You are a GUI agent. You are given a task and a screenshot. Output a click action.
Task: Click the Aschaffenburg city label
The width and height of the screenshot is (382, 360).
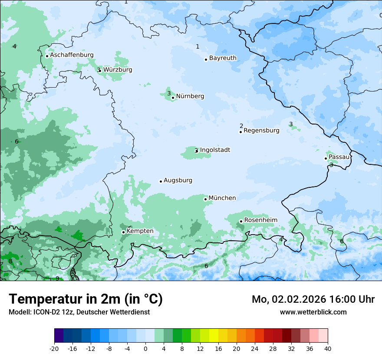(x=72, y=55)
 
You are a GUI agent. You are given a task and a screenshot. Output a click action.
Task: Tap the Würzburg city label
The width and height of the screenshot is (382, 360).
(x=118, y=70)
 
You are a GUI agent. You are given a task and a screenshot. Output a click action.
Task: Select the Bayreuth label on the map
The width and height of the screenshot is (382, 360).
(x=223, y=58)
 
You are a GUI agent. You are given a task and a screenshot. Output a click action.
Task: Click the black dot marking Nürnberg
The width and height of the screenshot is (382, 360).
(x=173, y=98)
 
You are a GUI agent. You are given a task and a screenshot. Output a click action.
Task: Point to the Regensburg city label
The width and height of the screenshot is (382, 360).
(x=261, y=131)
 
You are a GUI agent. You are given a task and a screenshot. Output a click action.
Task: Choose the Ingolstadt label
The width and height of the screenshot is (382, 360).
(x=215, y=150)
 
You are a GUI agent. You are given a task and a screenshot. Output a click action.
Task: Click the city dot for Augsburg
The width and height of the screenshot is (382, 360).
(x=161, y=181)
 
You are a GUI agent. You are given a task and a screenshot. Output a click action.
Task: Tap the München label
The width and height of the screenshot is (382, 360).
(x=222, y=198)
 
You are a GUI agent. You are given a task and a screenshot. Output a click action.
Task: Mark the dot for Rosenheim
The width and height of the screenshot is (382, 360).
(x=241, y=221)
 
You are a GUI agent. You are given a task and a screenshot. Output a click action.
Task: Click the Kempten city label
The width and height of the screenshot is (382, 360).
(x=140, y=231)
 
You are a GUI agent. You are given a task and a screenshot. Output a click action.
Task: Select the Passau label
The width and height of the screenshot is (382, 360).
(x=339, y=157)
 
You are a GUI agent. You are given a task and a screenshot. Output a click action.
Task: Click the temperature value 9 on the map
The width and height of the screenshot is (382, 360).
(x=57, y=278)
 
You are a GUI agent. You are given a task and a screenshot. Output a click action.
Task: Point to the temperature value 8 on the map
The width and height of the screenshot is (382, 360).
(x=10, y=261)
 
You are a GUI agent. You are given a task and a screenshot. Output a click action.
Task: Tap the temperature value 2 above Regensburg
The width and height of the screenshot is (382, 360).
(x=241, y=126)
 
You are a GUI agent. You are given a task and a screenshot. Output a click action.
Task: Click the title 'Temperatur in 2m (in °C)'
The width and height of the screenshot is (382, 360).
(x=86, y=299)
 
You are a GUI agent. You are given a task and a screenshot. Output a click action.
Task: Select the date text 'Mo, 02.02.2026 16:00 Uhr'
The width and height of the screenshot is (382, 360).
(x=313, y=299)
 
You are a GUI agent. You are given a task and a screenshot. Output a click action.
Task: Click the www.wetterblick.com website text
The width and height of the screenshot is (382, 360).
(x=313, y=312)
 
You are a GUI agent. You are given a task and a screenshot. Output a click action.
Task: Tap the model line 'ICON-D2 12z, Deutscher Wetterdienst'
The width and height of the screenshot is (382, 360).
(x=79, y=312)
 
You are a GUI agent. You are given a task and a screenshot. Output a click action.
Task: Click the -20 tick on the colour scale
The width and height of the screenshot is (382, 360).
(x=54, y=349)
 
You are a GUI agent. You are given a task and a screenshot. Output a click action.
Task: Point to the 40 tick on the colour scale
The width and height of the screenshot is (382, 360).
(x=328, y=349)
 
